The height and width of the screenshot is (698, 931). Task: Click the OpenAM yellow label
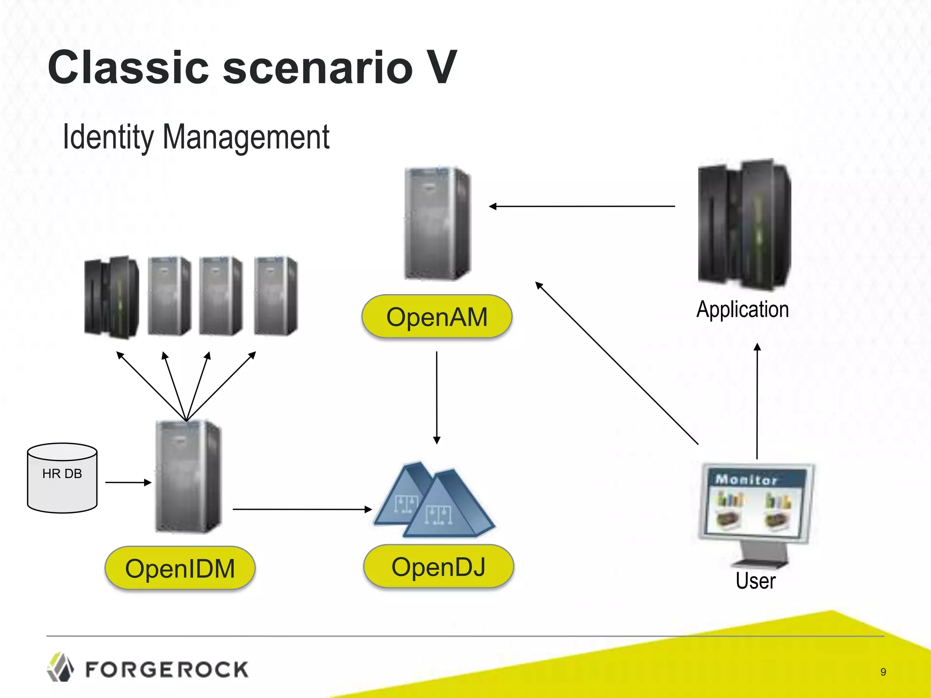coord(436,317)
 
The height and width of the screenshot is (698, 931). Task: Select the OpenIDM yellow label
coord(180,568)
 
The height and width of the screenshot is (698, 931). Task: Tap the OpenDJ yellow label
coord(438,567)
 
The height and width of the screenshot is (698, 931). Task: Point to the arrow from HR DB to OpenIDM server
coord(128,483)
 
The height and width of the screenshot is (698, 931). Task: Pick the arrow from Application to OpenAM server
coord(582,206)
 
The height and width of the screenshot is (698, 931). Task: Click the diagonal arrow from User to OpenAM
coord(617,364)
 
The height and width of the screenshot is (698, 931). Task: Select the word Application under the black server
coord(742,310)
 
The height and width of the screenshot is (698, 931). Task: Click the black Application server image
coord(744,225)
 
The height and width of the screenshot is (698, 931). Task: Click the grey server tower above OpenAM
coord(437,224)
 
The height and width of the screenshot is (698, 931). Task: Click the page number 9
coord(883,672)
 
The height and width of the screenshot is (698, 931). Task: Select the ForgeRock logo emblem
coord(60,667)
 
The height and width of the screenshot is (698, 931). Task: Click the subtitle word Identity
coord(108,137)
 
